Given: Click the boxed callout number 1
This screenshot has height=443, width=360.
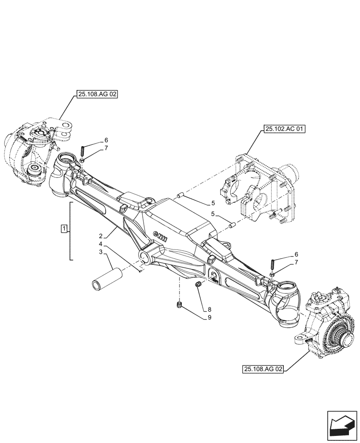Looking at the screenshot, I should click(65, 229).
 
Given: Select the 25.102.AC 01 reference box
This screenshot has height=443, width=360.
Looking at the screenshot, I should click(285, 129).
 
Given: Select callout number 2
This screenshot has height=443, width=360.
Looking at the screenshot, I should click(101, 237).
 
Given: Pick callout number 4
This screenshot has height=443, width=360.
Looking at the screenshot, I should click(101, 244).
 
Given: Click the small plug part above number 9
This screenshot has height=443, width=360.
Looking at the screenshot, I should click(180, 305).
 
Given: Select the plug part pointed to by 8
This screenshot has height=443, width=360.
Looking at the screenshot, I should click(199, 284).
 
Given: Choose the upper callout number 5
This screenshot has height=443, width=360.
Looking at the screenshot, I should click(213, 203).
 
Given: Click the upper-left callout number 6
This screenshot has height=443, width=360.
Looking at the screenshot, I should click(106, 140).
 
